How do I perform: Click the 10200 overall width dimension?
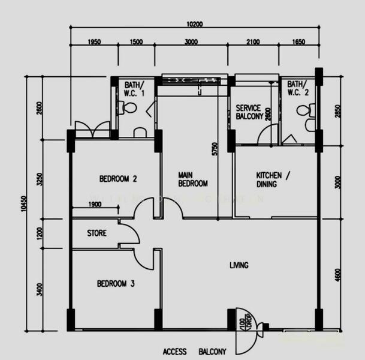[x=195, y=25]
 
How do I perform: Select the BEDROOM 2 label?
[x=119, y=179]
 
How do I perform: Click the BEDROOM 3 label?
[x=116, y=284]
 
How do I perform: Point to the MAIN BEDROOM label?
[x=193, y=179]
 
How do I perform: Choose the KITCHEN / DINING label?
[x=273, y=179]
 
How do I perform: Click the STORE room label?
[x=96, y=233]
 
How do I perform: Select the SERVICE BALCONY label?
[x=248, y=112]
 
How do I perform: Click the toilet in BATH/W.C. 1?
[x=128, y=108]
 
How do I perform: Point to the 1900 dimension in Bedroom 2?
[x=95, y=205]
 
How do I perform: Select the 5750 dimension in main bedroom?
[x=214, y=149]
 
